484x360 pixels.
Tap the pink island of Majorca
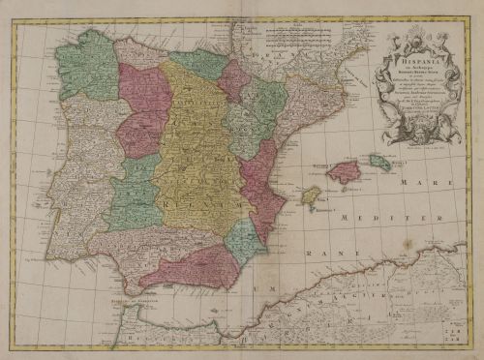[x=344, y=172]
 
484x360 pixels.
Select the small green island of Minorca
[x=380, y=163]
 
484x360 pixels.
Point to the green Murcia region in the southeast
[x=244, y=242]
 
